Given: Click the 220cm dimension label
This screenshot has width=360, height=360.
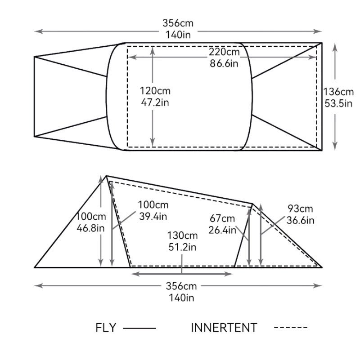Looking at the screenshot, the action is (224, 52).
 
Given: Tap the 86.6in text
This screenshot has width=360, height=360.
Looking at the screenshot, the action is (224, 63).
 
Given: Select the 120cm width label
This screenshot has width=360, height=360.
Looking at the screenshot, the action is (155, 91).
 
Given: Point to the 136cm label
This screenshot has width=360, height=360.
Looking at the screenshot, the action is (338, 92).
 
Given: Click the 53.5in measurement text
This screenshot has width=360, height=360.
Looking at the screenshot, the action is (338, 103).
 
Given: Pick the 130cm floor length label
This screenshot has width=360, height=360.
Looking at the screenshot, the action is (182, 236).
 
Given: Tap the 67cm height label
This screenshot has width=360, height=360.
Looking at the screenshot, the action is (222, 218).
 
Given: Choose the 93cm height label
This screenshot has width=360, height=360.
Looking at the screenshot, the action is (300, 209).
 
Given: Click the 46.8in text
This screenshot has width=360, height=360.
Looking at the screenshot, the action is (90, 228).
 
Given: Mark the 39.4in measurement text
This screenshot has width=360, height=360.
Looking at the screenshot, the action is (153, 216).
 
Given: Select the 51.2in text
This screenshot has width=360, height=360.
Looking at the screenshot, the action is (182, 247).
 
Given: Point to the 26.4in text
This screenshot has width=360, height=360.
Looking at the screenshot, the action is (222, 230).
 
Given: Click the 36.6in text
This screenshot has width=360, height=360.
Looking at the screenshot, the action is (300, 220).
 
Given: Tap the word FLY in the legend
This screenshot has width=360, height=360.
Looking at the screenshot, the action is (106, 328).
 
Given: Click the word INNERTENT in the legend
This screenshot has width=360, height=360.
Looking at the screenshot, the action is (224, 328).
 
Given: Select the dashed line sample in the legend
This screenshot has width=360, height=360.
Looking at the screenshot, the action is (291, 327).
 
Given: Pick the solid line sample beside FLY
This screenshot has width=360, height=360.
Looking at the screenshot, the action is (139, 329).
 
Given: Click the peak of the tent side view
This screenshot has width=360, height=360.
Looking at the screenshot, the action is (106, 176).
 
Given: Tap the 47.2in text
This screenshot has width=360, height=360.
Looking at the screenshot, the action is (155, 102).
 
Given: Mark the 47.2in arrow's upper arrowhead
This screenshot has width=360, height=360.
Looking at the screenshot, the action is (153, 49).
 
